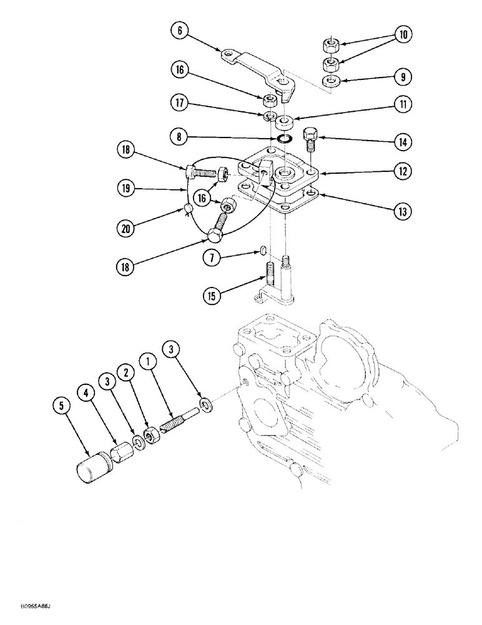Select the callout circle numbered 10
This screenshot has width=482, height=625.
(403, 35)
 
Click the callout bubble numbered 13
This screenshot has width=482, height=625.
(403, 212)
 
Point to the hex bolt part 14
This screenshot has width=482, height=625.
(310, 140)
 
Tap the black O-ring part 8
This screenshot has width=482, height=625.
(287, 138)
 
